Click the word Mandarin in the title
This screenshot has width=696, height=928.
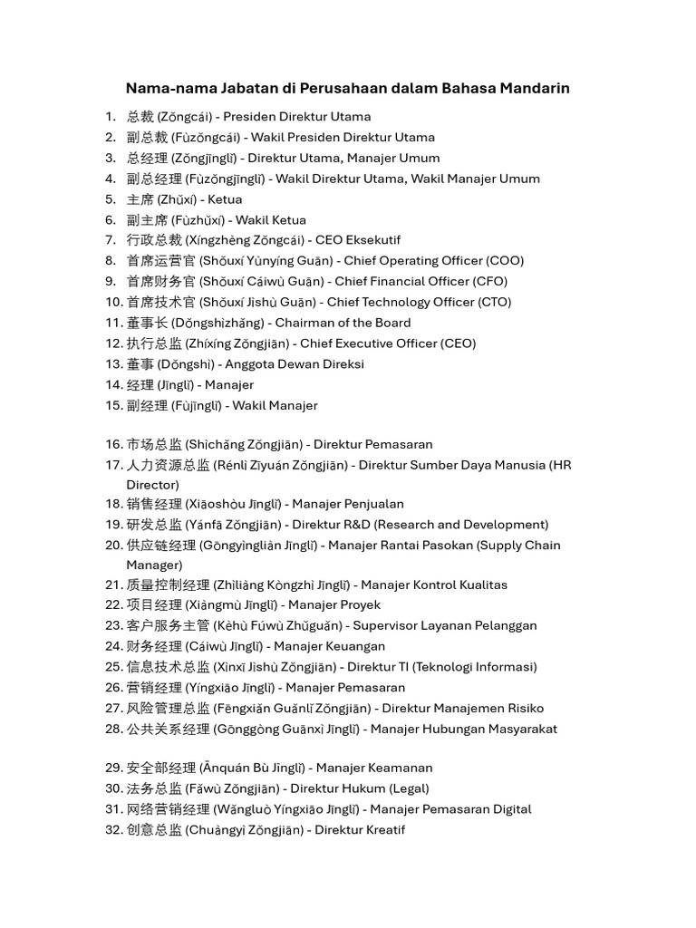[x=531, y=89]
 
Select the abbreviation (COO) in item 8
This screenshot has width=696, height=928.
[x=505, y=261]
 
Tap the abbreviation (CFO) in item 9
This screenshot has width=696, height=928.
[x=489, y=281]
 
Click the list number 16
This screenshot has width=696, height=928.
[x=113, y=444]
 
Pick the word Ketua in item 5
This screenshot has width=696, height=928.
[x=225, y=199]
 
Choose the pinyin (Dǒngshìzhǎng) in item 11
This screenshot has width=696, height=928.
[x=223, y=323]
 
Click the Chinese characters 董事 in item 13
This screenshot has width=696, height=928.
[x=140, y=364]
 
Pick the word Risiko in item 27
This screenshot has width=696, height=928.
[x=524, y=708]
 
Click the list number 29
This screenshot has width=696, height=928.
[x=113, y=768]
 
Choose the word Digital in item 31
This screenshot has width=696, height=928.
[x=508, y=809]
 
